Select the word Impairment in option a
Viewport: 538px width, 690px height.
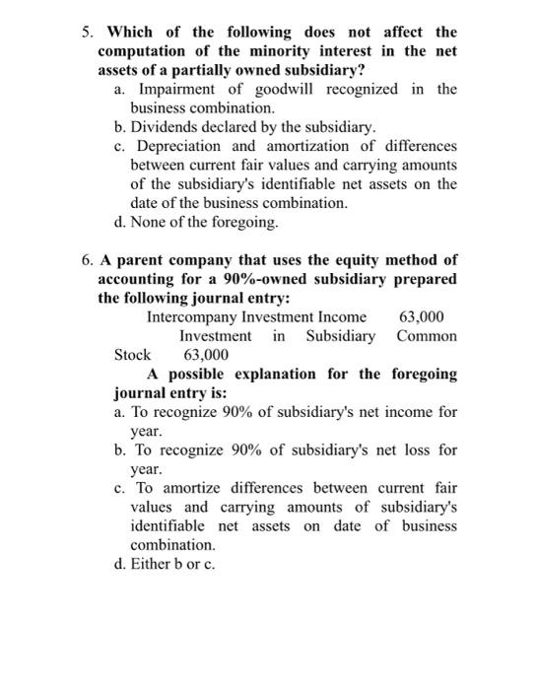click(x=170, y=90)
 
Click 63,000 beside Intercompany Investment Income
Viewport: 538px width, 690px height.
click(x=421, y=316)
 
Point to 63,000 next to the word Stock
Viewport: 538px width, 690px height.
click(x=206, y=355)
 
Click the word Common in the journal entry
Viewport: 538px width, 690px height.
click(x=427, y=336)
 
